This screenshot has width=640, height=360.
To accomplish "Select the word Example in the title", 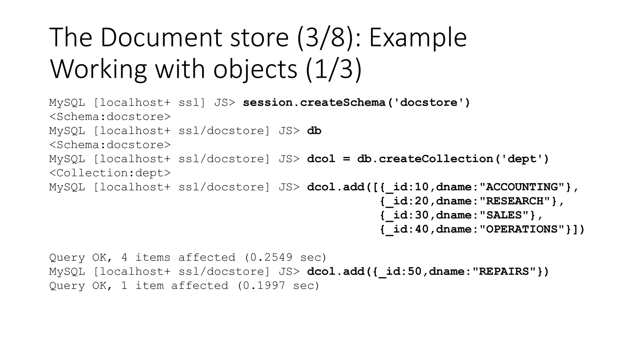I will click(x=418, y=37).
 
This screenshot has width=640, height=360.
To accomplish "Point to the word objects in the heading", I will click(x=255, y=69).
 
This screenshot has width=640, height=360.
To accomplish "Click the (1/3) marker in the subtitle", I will click(x=334, y=69).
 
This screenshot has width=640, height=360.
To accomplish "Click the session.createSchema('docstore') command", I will click(x=357, y=102).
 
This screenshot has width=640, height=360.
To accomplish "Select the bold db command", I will click(x=314, y=131).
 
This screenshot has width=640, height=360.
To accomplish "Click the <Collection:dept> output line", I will click(x=110, y=173).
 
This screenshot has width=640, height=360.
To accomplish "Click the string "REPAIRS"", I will click(x=504, y=271).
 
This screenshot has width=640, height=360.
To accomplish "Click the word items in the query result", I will click(x=153, y=257).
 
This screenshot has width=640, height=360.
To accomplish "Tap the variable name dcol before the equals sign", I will click(x=321, y=159).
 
